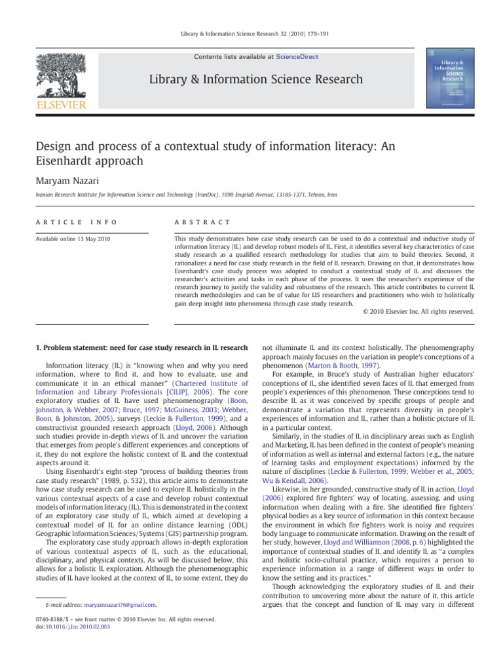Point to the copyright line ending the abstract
417,312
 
